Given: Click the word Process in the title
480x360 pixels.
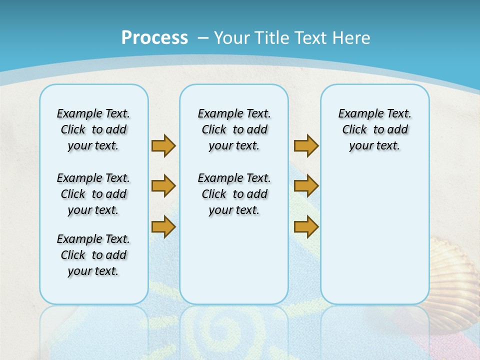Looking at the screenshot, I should tap(154, 37).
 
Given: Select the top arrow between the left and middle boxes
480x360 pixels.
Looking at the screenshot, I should tap(163, 145).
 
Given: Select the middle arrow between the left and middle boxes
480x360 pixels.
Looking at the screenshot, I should tap(163, 186).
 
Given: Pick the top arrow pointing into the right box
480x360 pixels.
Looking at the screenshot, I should tap(306, 145).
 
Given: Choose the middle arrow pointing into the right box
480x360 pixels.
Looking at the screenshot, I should tap(306, 186).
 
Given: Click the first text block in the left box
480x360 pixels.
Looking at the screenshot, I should tap(93, 129).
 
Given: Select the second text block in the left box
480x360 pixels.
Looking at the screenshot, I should tap(93, 194).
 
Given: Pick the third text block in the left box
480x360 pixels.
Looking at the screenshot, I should tap(93, 255).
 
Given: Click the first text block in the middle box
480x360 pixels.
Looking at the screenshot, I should tap(234, 129).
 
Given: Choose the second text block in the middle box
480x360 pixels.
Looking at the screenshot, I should tap(234, 194).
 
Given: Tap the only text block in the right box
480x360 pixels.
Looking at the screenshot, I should tap(374, 129).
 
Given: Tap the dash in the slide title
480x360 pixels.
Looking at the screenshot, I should tap(203, 38).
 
